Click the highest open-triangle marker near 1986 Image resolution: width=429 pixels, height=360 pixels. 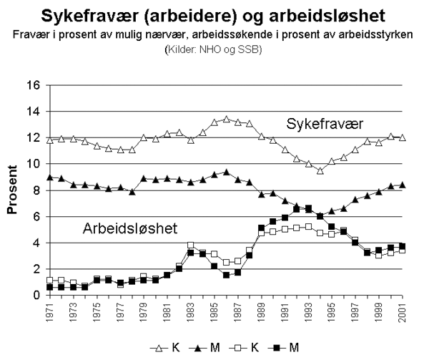pos(226,119)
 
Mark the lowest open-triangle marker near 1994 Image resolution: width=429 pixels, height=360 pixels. pos(320,170)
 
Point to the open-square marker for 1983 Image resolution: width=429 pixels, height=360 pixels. pos(191,245)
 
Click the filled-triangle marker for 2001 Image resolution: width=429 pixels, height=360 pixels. pos(403,185)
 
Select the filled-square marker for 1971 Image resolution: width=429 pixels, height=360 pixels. pos(49,287)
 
